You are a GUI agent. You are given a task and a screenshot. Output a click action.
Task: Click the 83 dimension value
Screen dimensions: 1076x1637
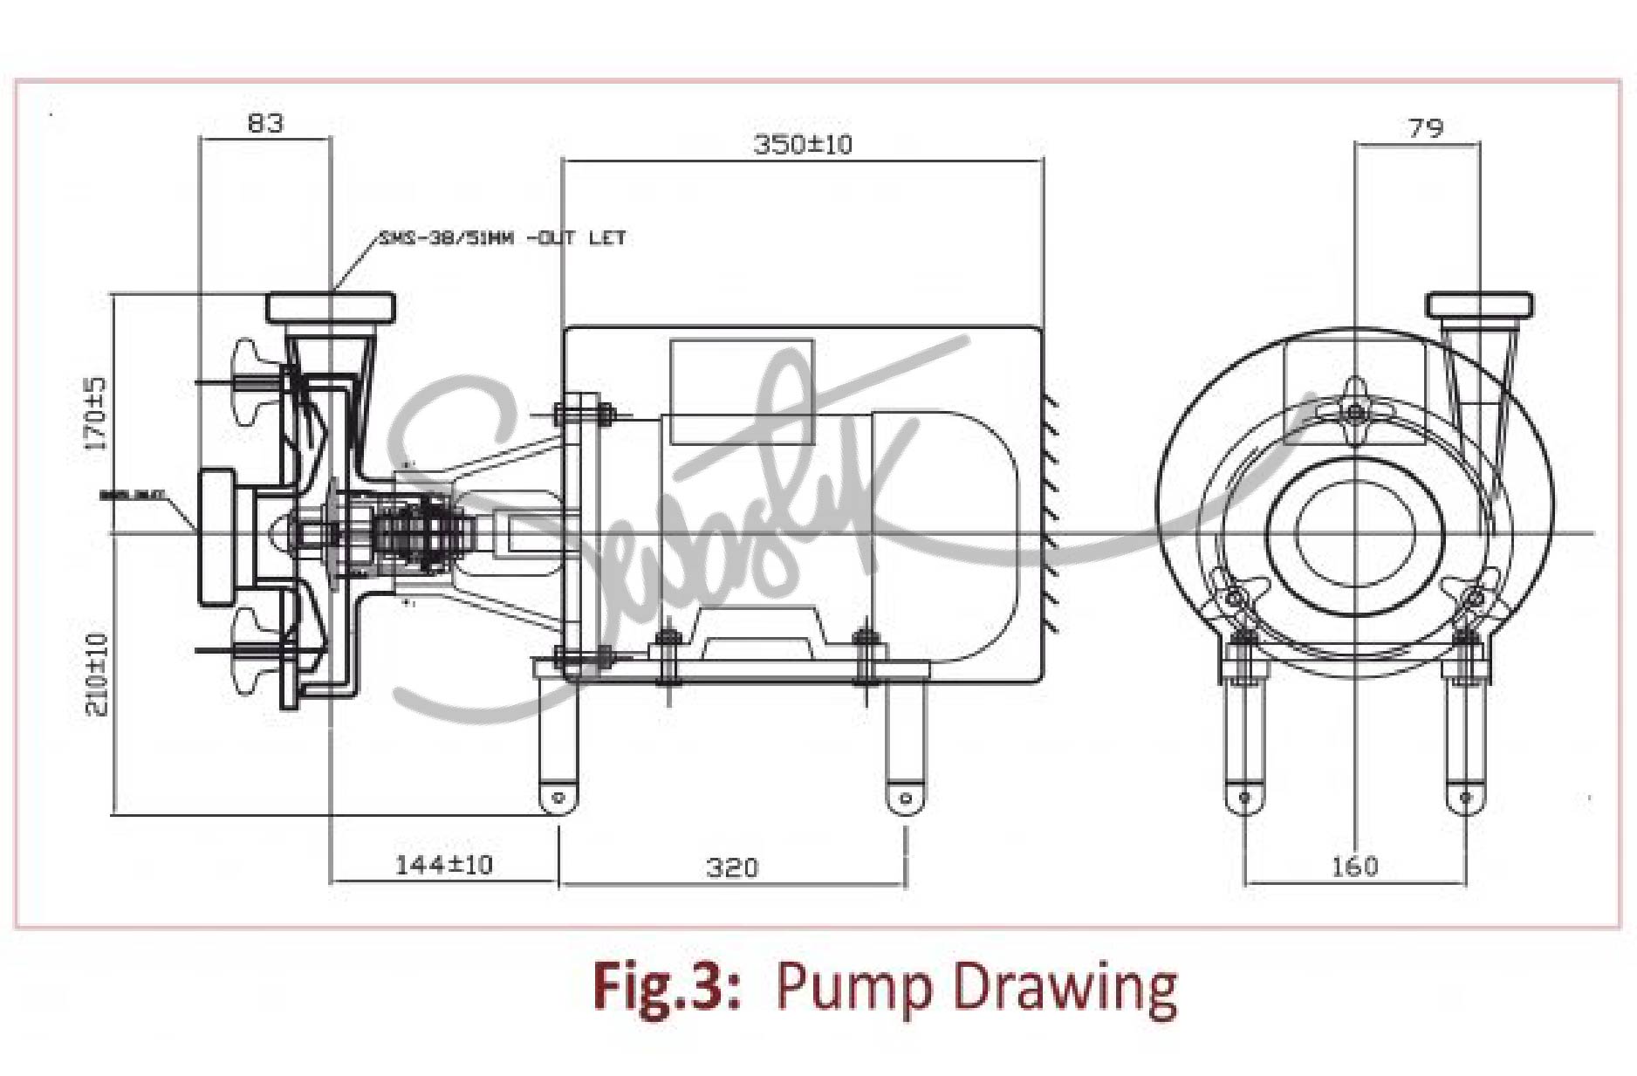click(x=265, y=123)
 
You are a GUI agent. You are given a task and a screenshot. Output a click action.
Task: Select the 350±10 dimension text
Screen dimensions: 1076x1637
click(x=802, y=145)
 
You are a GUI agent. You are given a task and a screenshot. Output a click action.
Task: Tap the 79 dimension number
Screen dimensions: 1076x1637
click(x=1426, y=129)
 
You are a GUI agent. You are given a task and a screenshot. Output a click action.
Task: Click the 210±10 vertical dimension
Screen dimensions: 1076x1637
click(x=98, y=674)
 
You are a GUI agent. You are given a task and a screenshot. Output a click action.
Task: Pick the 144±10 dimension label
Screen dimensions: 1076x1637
click(x=444, y=865)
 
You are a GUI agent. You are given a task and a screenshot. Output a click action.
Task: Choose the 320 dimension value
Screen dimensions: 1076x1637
click(x=732, y=867)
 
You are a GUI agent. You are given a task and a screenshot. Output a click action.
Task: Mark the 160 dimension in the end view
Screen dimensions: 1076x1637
click(x=1354, y=867)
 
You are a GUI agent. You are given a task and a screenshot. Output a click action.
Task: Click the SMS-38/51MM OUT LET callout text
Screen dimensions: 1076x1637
click(x=502, y=237)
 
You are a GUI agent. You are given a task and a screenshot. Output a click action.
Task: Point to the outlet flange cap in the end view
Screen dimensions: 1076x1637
click(x=1480, y=306)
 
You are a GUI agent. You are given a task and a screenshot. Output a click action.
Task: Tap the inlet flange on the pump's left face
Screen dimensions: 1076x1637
click(x=216, y=537)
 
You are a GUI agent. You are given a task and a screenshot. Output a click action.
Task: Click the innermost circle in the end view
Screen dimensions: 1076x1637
click(x=1355, y=533)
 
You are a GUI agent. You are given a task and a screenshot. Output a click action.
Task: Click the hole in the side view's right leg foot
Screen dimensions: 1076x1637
click(x=905, y=798)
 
